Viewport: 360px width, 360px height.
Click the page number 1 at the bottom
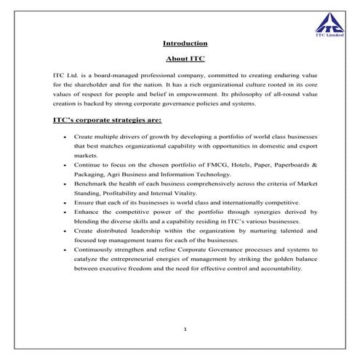pos(186,329)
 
